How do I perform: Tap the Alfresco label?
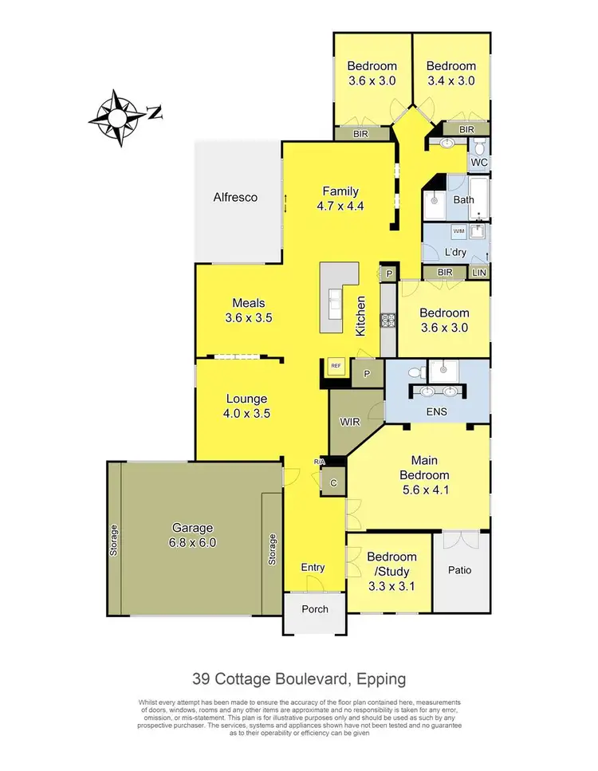pos(235,197)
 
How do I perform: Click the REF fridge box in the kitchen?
pos(336,366)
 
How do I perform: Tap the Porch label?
pos(313,610)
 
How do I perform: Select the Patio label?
pos(459,570)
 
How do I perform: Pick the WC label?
pos(478,163)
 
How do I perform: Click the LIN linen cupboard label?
pos(479,273)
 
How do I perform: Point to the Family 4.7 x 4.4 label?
pos(340,199)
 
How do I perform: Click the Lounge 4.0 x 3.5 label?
pos(246,406)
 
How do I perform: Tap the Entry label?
pos(313,567)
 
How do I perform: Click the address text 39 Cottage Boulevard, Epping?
pos(298,679)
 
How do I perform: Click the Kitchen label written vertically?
pos(360,316)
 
